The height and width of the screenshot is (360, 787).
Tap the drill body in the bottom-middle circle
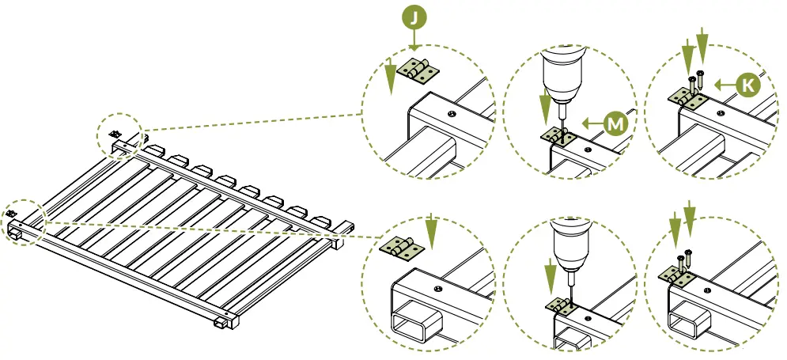point(569,242)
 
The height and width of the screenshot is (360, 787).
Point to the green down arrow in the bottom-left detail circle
point(430,229)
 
